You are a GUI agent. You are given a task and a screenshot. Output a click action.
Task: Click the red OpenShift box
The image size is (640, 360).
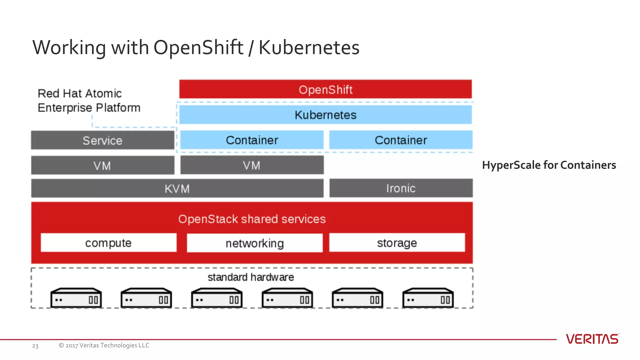click(325, 89)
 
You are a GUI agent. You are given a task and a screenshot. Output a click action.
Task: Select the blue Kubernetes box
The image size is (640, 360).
click(325, 115)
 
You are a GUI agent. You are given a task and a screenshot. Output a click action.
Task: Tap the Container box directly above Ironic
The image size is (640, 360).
click(401, 140)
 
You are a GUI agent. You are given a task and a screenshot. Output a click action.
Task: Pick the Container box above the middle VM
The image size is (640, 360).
click(252, 140)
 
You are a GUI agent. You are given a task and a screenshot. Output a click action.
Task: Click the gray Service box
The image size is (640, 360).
click(102, 140)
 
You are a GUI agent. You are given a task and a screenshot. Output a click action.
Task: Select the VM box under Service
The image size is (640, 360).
click(102, 165)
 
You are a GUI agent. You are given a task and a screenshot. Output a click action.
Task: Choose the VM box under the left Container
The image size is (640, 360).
click(252, 165)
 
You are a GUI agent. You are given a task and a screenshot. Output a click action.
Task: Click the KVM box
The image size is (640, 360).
click(177, 188)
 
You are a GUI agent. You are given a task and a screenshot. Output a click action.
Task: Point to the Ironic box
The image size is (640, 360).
click(401, 188)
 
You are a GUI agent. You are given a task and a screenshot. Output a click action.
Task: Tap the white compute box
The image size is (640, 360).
click(108, 243)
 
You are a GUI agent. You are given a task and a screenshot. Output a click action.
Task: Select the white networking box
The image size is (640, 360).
click(255, 243)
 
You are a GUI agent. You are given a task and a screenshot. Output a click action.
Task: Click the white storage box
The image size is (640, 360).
click(397, 243)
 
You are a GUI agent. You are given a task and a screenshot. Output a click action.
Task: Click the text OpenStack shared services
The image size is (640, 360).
click(252, 219)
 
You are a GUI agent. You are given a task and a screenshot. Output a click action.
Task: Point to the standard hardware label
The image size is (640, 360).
click(251, 277)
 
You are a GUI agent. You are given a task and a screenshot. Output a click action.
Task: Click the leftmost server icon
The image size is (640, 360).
click(76, 298)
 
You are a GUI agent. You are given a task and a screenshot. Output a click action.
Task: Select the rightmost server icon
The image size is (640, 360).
click(428, 298)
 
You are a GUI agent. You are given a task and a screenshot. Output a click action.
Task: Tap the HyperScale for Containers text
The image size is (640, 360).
click(549, 165)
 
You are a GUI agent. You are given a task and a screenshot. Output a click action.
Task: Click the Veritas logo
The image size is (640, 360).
click(592, 339)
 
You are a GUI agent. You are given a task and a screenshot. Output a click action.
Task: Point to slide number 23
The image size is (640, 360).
click(35, 346)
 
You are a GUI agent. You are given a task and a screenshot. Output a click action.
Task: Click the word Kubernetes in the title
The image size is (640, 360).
click(309, 48)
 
